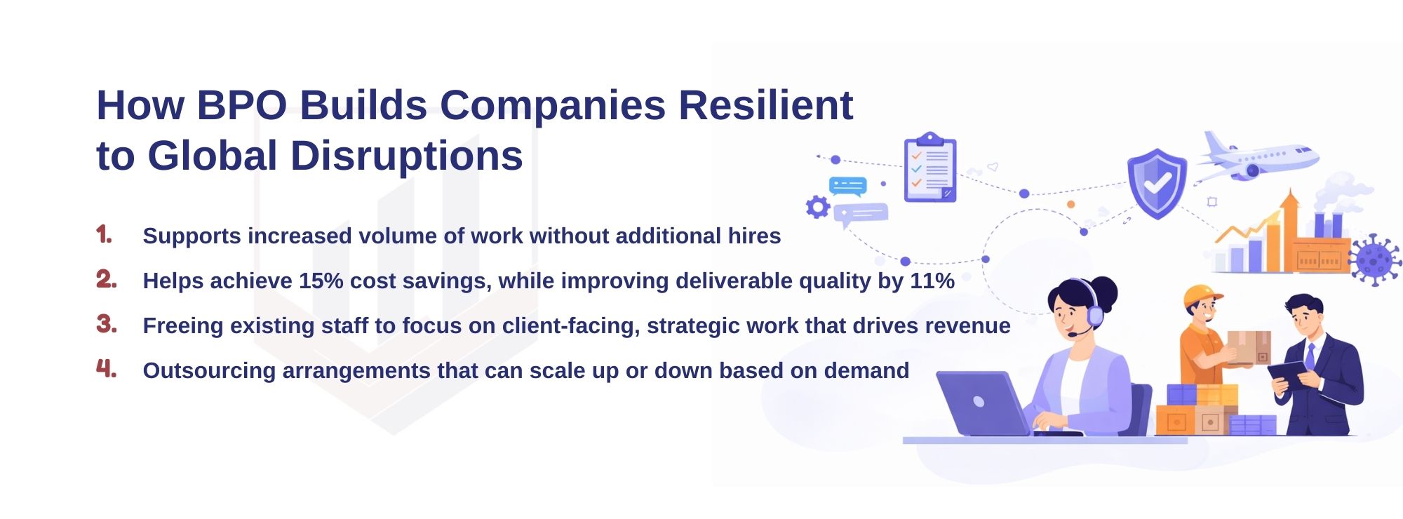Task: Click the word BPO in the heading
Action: [x=241, y=105]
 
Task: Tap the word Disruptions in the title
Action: [x=405, y=156]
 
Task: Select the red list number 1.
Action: [x=104, y=234]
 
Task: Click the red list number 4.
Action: [x=106, y=368]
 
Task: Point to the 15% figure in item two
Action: [x=321, y=281]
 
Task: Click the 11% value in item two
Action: [x=932, y=281]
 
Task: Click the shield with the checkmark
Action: [x=1156, y=182]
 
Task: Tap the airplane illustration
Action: [x=1256, y=158]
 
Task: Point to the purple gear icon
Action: [x=818, y=207]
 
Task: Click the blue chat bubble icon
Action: [x=847, y=186]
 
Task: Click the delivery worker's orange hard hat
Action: [x=1201, y=295]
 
